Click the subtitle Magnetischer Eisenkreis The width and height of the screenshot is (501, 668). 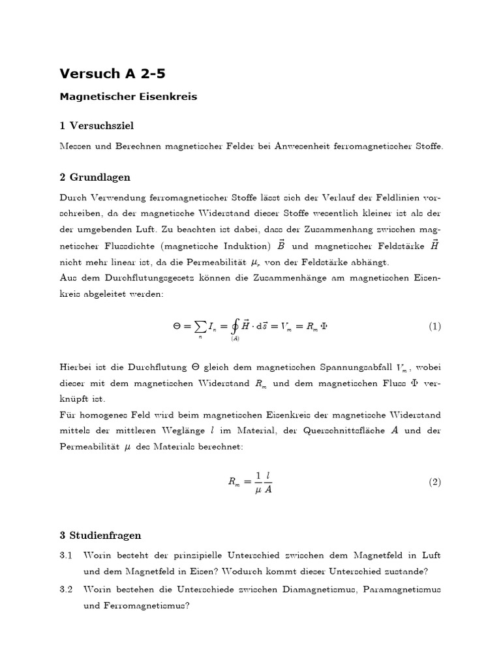[x=128, y=97]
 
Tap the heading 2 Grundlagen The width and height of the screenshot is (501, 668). [x=95, y=177]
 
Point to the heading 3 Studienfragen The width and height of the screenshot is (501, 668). [x=100, y=536]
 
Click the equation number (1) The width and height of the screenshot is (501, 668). [x=434, y=326]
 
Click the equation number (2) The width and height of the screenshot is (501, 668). [x=434, y=482]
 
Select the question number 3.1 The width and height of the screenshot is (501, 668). [x=65, y=555]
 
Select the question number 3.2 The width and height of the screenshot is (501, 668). [x=65, y=589]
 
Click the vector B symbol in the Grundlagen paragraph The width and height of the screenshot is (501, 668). [x=281, y=245]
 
